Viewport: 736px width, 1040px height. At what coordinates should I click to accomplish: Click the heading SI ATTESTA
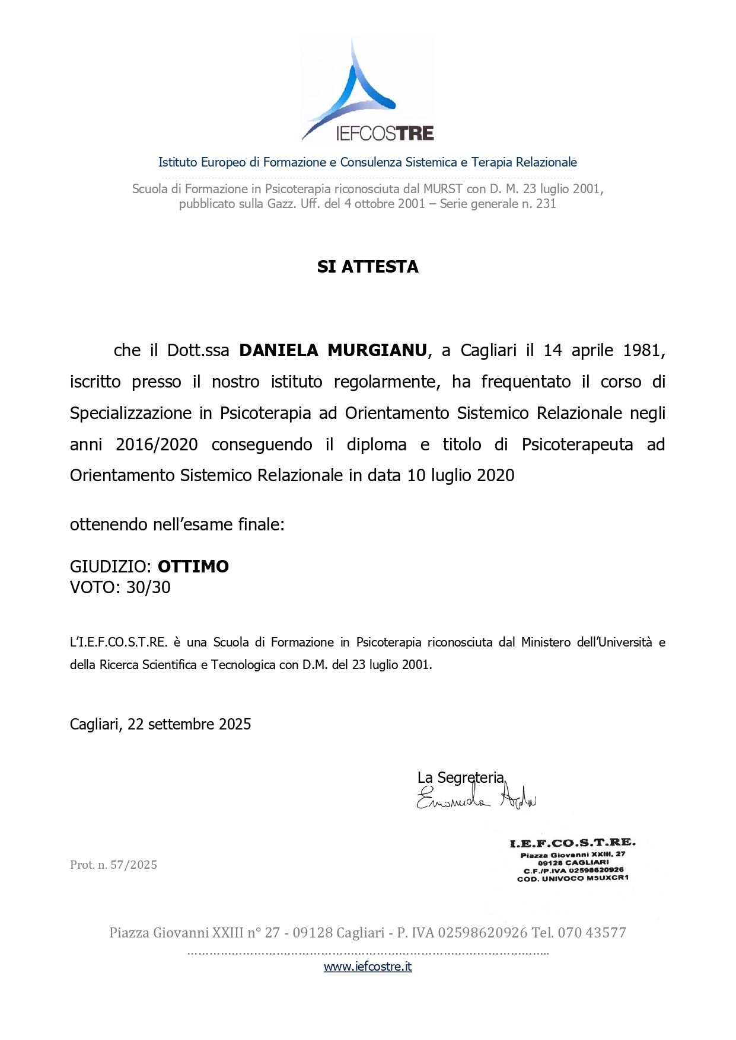point(368,267)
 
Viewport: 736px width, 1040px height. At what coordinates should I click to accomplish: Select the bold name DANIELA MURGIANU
point(333,351)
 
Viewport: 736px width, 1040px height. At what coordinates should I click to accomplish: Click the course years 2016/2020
point(157,444)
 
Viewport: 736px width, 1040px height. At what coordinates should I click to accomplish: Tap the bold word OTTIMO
point(193,567)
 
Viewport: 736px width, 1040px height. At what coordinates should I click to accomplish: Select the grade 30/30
point(148,587)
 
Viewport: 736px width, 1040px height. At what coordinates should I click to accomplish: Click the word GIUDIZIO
point(110,567)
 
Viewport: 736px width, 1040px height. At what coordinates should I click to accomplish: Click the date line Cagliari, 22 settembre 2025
point(160,724)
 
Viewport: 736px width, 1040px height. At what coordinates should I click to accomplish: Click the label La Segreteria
point(460,777)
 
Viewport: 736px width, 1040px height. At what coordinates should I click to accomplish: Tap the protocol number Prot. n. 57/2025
point(113,865)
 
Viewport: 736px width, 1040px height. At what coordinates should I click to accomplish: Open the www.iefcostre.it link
point(368,967)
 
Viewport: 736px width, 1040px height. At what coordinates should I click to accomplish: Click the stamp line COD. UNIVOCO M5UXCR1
point(572,878)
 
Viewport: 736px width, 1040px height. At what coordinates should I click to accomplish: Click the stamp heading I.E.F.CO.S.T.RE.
point(572,843)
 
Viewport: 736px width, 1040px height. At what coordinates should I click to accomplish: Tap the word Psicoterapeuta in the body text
point(577,444)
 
